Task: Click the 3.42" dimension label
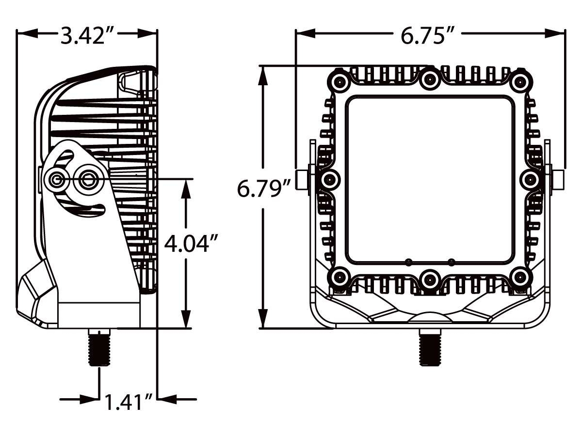pos(87,34)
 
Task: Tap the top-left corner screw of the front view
pos(339,81)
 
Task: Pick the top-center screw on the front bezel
pos(430,79)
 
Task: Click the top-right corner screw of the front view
pos(521,81)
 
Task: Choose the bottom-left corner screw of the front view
pos(339,278)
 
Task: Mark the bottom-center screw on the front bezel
pos(430,280)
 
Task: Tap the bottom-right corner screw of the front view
pos(521,278)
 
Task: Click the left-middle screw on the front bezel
pos(329,180)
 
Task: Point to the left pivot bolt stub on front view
pos(303,180)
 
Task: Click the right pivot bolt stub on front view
pos(557,180)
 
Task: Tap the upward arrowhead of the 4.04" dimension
pos(186,189)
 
